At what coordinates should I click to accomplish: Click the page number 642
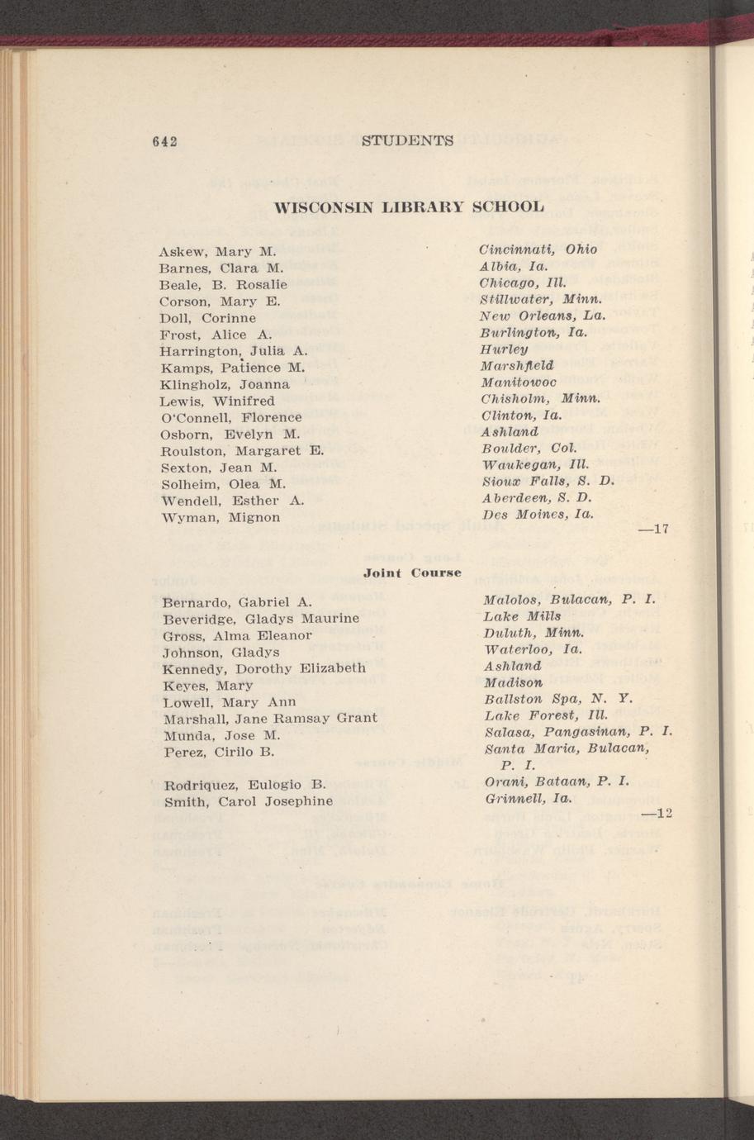[167, 141]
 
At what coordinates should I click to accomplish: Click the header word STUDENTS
[408, 140]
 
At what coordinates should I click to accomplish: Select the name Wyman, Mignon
[220, 517]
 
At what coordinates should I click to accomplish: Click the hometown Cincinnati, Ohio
[538, 249]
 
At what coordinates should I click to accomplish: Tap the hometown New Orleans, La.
[543, 316]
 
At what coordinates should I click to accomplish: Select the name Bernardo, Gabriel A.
[237, 601]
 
